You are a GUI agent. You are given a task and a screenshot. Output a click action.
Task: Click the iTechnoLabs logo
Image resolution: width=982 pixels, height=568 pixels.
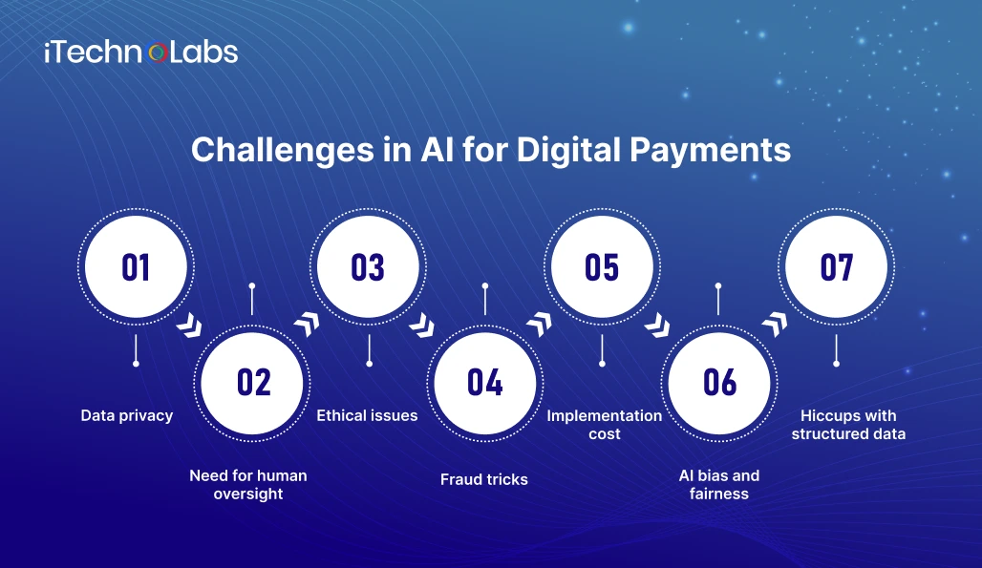pyautogui.click(x=141, y=53)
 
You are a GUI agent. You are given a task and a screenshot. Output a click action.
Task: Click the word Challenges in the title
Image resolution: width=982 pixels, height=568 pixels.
pyautogui.click(x=283, y=151)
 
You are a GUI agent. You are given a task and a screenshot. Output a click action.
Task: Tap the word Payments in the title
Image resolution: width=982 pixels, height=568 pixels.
pyautogui.click(x=710, y=151)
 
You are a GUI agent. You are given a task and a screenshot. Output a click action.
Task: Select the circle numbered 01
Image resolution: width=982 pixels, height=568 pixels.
pyautogui.click(x=136, y=267)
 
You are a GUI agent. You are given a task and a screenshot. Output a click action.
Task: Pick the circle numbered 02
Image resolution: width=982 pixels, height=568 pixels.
pyautogui.click(x=252, y=383)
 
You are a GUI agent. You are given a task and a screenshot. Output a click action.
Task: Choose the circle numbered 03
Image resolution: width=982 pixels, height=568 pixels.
pyautogui.click(x=369, y=267)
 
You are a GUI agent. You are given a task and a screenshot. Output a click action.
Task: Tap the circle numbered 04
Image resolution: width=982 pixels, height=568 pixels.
pyautogui.click(x=485, y=383)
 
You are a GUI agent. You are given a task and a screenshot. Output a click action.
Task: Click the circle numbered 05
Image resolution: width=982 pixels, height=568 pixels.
pyautogui.click(x=602, y=267)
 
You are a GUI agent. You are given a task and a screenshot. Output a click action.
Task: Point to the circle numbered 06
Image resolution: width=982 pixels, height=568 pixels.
pyautogui.click(x=719, y=383)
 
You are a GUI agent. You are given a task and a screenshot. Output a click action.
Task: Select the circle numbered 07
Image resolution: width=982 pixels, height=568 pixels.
pyautogui.click(x=836, y=267)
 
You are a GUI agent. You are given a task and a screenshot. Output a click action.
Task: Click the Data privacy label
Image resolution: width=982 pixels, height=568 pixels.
pyautogui.click(x=127, y=416)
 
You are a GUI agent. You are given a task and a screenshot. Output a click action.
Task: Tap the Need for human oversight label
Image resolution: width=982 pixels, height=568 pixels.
pyautogui.click(x=248, y=485)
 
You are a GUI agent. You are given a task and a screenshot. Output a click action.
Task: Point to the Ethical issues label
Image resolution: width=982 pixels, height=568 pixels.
pyautogui.click(x=367, y=415)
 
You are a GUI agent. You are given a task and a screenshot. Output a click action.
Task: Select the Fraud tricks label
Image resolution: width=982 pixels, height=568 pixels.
pyautogui.click(x=484, y=480)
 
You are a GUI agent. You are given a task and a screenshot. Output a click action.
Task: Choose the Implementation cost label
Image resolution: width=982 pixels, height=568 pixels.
pyautogui.click(x=605, y=425)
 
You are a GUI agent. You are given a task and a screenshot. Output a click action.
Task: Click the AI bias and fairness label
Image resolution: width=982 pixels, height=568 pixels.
pyautogui.click(x=719, y=485)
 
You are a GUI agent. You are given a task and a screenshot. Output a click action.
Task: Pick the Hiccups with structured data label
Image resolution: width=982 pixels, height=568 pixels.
pyautogui.click(x=848, y=425)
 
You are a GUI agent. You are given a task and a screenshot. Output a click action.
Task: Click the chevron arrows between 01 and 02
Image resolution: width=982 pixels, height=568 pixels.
pyautogui.click(x=189, y=326)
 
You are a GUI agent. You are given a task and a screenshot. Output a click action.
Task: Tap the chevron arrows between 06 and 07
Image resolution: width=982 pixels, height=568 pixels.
pyautogui.click(x=775, y=324)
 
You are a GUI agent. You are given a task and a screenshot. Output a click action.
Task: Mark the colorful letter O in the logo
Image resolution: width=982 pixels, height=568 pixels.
pyautogui.click(x=158, y=53)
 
